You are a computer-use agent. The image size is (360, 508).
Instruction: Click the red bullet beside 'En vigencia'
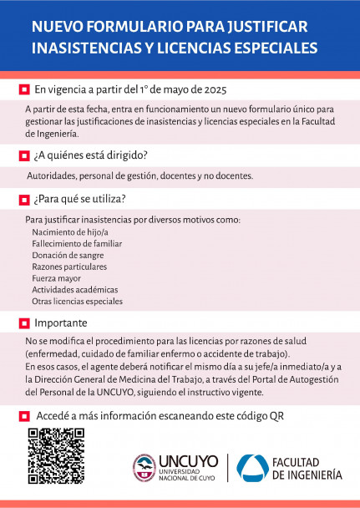pyautogui.click(x=23, y=89)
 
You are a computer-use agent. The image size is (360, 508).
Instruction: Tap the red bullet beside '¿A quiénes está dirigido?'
pyautogui.click(x=23, y=155)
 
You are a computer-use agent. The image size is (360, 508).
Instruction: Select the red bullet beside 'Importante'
pyautogui.click(x=23, y=323)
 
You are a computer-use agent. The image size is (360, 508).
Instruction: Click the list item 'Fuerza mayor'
pyautogui.click(x=57, y=278)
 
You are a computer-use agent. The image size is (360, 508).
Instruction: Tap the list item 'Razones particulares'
pyautogui.click(x=69, y=267)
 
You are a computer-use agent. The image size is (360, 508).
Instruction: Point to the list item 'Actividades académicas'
pyautogui.click(x=74, y=290)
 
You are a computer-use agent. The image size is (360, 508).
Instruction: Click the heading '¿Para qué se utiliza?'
pyautogui.click(x=80, y=199)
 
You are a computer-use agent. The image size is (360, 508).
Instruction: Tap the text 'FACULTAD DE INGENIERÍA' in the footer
pyautogui.click(x=307, y=468)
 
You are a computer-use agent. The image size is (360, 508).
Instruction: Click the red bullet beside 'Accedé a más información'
pyautogui.click(x=23, y=415)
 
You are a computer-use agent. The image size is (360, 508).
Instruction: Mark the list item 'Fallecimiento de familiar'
pyautogui.click(x=77, y=243)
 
